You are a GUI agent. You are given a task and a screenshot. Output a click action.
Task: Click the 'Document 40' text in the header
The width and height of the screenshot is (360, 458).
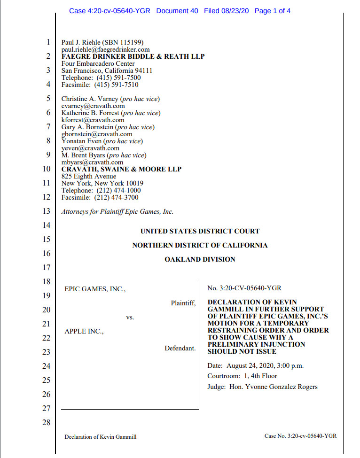click(177, 11)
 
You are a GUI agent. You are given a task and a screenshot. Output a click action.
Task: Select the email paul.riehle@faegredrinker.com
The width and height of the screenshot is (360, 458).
click(105, 49)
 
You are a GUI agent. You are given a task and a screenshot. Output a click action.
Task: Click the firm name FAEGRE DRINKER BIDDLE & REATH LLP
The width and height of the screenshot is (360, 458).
click(133, 56)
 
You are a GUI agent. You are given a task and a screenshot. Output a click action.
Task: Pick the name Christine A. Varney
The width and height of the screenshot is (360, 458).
click(90, 99)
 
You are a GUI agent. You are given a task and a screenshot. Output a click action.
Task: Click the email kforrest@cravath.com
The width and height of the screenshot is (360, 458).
click(93, 120)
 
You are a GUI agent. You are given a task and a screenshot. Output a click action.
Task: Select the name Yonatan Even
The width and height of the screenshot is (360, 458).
click(82, 141)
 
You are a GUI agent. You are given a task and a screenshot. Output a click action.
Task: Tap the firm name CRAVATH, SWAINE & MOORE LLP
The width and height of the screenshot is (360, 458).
click(121, 169)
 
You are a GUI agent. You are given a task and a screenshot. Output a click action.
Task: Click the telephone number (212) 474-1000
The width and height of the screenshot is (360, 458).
click(118, 190)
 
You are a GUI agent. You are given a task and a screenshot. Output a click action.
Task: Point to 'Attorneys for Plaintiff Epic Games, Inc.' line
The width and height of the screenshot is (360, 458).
click(117, 211)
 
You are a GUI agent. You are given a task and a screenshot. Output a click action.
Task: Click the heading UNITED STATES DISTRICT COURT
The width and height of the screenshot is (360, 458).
click(200, 231)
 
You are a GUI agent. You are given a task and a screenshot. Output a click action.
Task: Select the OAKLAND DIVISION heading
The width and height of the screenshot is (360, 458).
click(200, 259)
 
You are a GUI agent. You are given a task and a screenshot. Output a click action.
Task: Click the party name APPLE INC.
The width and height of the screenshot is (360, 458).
click(84, 332)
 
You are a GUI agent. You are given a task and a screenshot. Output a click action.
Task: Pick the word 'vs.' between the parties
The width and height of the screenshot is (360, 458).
click(130, 318)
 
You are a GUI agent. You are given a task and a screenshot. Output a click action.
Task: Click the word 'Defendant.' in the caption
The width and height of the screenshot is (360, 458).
click(180, 348)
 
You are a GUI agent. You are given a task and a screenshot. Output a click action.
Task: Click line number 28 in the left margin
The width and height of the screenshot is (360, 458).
click(46, 422)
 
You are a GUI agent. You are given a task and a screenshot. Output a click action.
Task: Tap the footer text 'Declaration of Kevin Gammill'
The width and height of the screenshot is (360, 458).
click(100, 436)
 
